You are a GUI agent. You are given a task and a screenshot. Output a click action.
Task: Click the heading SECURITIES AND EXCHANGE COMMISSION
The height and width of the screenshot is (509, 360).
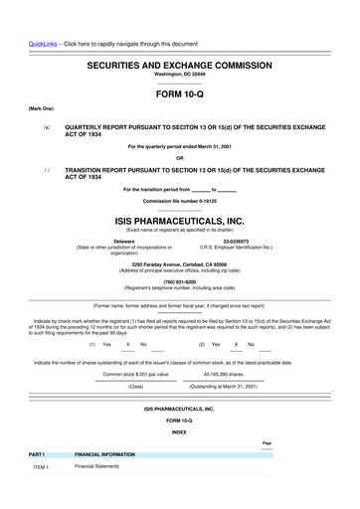point(179,62)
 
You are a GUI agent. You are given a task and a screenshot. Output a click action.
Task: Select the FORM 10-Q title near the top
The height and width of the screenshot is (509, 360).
point(179,94)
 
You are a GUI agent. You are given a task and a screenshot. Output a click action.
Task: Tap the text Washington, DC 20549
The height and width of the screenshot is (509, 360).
point(179,74)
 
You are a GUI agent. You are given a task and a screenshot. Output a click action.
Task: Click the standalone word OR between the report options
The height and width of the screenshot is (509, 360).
point(179,157)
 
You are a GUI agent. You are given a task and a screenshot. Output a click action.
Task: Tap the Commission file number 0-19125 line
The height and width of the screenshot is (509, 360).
point(179,201)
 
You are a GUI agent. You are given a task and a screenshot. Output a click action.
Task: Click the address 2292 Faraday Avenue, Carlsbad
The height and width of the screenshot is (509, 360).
point(179,263)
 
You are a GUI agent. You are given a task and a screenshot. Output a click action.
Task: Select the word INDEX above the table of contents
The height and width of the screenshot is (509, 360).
point(179,431)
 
